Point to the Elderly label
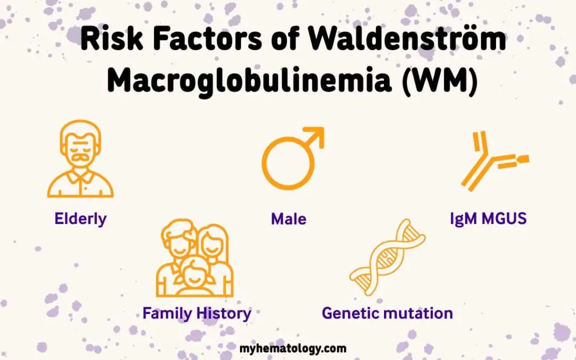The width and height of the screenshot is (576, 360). coord(80,218)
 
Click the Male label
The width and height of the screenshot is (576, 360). coord(289,218)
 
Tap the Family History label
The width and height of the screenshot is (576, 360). coord(196,313)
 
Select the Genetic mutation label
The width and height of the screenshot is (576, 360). coord(387,313)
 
